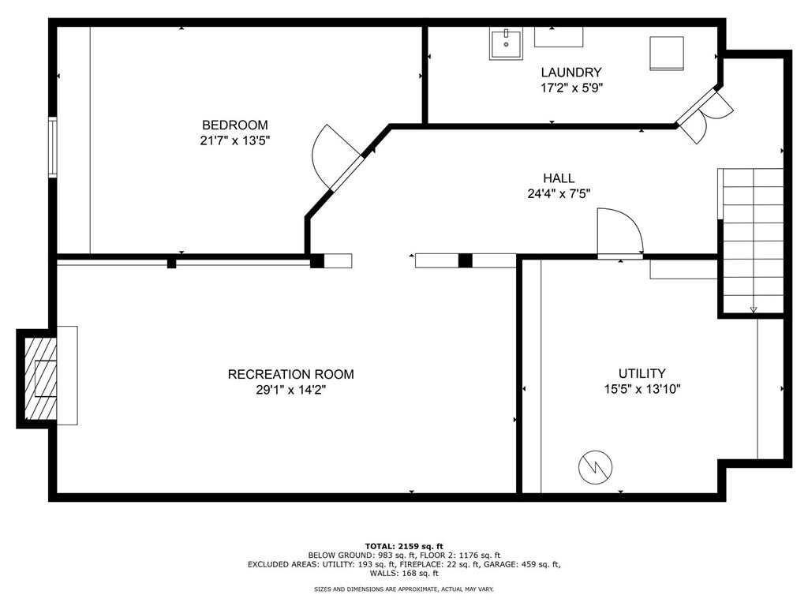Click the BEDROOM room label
(234, 125)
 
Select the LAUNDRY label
(571, 73)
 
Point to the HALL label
(559, 178)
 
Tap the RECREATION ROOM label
(290, 374)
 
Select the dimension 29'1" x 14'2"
(290, 390)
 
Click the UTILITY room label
(642, 373)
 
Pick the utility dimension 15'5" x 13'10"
(642, 389)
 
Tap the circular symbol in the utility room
(595, 467)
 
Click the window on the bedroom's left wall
(53, 146)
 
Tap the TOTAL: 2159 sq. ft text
(404, 546)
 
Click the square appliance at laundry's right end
(666, 53)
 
